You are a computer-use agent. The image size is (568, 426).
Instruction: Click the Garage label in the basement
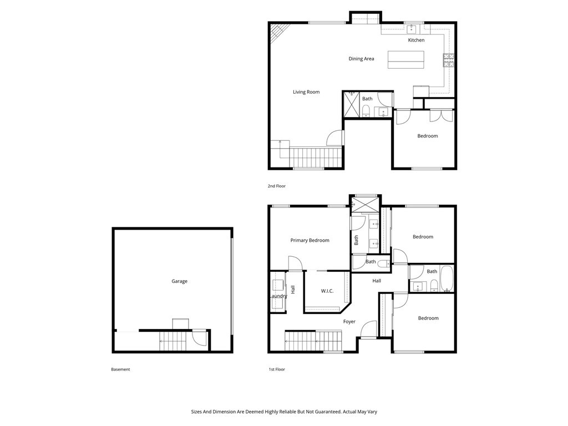tap(179, 281)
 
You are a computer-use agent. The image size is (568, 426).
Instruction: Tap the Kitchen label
tap(416, 40)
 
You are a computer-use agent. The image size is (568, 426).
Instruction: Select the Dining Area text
tap(361, 59)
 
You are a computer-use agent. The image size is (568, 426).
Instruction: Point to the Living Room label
tap(306, 92)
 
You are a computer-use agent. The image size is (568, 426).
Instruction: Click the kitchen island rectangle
tap(405, 60)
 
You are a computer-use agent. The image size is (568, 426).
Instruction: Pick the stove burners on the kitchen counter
tap(448, 60)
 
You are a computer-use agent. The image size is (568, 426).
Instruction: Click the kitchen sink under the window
tap(411, 29)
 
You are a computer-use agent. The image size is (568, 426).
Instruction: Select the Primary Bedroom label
tap(310, 240)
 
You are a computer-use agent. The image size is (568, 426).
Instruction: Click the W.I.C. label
tap(327, 291)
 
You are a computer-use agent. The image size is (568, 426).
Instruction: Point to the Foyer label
tap(349, 321)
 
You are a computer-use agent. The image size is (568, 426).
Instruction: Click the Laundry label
tap(278, 296)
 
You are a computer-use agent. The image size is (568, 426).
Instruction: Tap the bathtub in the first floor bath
tap(447, 279)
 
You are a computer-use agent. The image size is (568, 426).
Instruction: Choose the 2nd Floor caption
tap(276, 186)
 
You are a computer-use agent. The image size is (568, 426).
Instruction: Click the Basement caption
tap(120, 369)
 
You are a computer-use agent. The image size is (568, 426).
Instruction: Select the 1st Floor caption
tap(277, 369)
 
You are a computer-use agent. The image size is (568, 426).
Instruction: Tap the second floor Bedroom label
tap(428, 136)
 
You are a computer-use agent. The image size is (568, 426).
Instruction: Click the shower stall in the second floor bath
tap(351, 104)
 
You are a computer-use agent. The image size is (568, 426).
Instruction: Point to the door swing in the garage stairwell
tap(199, 337)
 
